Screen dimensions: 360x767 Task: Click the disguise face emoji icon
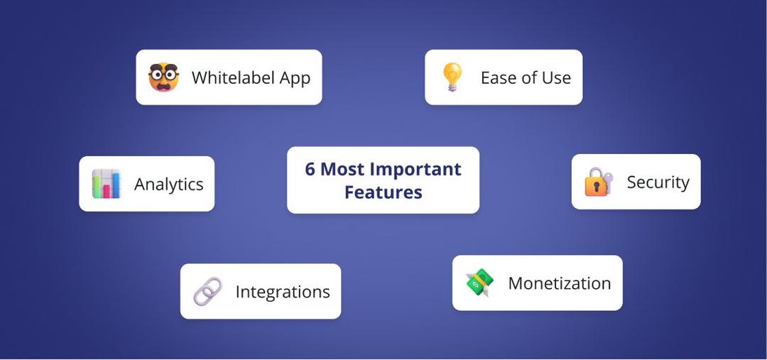pos(163,77)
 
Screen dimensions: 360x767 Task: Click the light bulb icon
pos(452,77)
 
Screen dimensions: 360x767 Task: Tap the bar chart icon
pos(107,184)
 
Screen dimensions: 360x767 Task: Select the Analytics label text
pos(169,185)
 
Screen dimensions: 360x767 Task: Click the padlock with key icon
pos(599,182)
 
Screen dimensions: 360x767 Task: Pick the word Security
pos(658,182)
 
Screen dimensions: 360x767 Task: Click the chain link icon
pos(207,292)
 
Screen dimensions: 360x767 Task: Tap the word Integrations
pos(283,292)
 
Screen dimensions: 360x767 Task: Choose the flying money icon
pos(479,283)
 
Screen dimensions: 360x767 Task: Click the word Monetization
pos(560,283)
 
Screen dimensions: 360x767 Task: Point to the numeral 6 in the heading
pos(310,170)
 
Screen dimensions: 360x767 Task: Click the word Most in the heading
pos(344,170)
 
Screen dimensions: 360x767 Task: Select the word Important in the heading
pos(416,170)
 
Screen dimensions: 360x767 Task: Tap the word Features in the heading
pos(383,192)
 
